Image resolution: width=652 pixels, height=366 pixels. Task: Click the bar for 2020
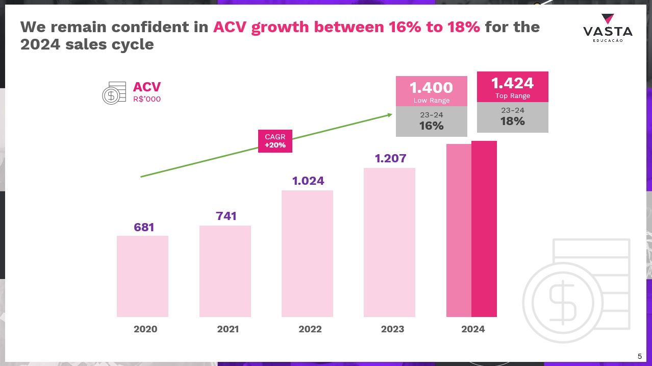[x=142, y=276]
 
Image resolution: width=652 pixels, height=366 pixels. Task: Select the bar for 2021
[x=225, y=271]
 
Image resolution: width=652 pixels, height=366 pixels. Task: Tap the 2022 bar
[x=307, y=254]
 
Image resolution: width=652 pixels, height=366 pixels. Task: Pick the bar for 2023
[x=389, y=242]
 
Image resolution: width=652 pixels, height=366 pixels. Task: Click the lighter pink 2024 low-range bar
[x=459, y=230]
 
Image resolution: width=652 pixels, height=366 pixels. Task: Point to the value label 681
[x=144, y=227]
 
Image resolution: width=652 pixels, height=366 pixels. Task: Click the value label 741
[x=226, y=216]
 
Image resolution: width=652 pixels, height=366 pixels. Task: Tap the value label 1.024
[x=308, y=181]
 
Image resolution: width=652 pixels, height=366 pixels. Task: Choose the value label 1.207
[x=390, y=158]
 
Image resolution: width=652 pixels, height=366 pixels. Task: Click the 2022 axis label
[x=310, y=329]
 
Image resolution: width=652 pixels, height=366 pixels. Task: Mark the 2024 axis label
[x=473, y=329]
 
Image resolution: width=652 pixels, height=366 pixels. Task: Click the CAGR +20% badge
[x=275, y=141]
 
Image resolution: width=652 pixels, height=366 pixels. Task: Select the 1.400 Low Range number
[x=431, y=87]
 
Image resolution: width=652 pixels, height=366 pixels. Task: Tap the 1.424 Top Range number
[x=512, y=83]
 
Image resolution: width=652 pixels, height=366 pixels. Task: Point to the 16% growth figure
[x=431, y=126]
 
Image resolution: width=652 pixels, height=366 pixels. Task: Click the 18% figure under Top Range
[x=512, y=121]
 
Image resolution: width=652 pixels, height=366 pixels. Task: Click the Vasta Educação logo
[x=608, y=29]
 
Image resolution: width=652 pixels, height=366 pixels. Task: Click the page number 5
[x=640, y=356]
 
